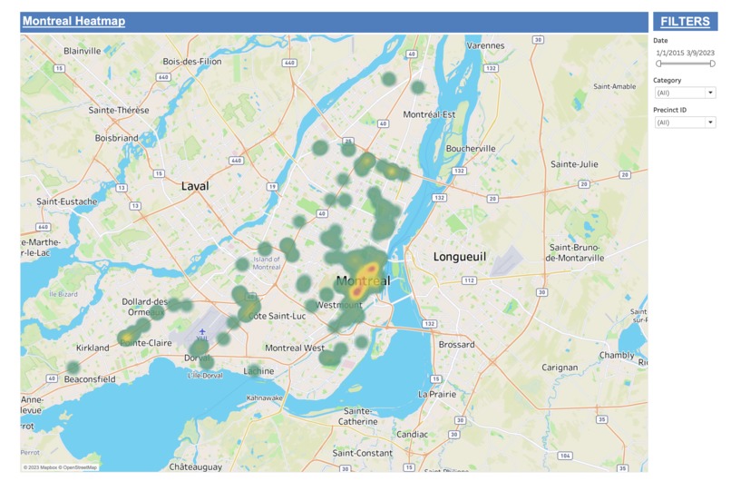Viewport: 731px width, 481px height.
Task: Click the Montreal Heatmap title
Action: pyautogui.click(x=73, y=21)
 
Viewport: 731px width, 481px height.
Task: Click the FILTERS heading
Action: pyautogui.click(x=685, y=21)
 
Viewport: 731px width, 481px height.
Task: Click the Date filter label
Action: pyautogui.click(x=660, y=41)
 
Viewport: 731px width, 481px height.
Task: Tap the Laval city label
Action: pyautogui.click(x=195, y=186)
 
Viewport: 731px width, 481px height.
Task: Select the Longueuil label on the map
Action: pyautogui.click(x=459, y=257)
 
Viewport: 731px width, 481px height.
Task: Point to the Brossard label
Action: pyautogui.click(x=456, y=345)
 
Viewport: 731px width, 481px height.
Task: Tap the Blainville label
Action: pyautogui.click(x=82, y=51)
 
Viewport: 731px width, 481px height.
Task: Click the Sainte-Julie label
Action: pyautogui.click(x=574, y=164)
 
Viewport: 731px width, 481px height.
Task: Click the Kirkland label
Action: pyautogui.click(x=93, y=348)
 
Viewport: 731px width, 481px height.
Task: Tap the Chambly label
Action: pyautogui.click(x=617, y=355)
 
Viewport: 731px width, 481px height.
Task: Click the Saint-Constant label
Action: pyautogui.click(x=363, y=452)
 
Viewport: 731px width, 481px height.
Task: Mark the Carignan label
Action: pyautogui.click(x=560, y=368)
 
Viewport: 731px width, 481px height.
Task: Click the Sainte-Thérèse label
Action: pyautogui.click(x=118, y=110)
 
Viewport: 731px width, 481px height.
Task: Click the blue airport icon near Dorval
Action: pyautogui.click(x=202, y=331)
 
